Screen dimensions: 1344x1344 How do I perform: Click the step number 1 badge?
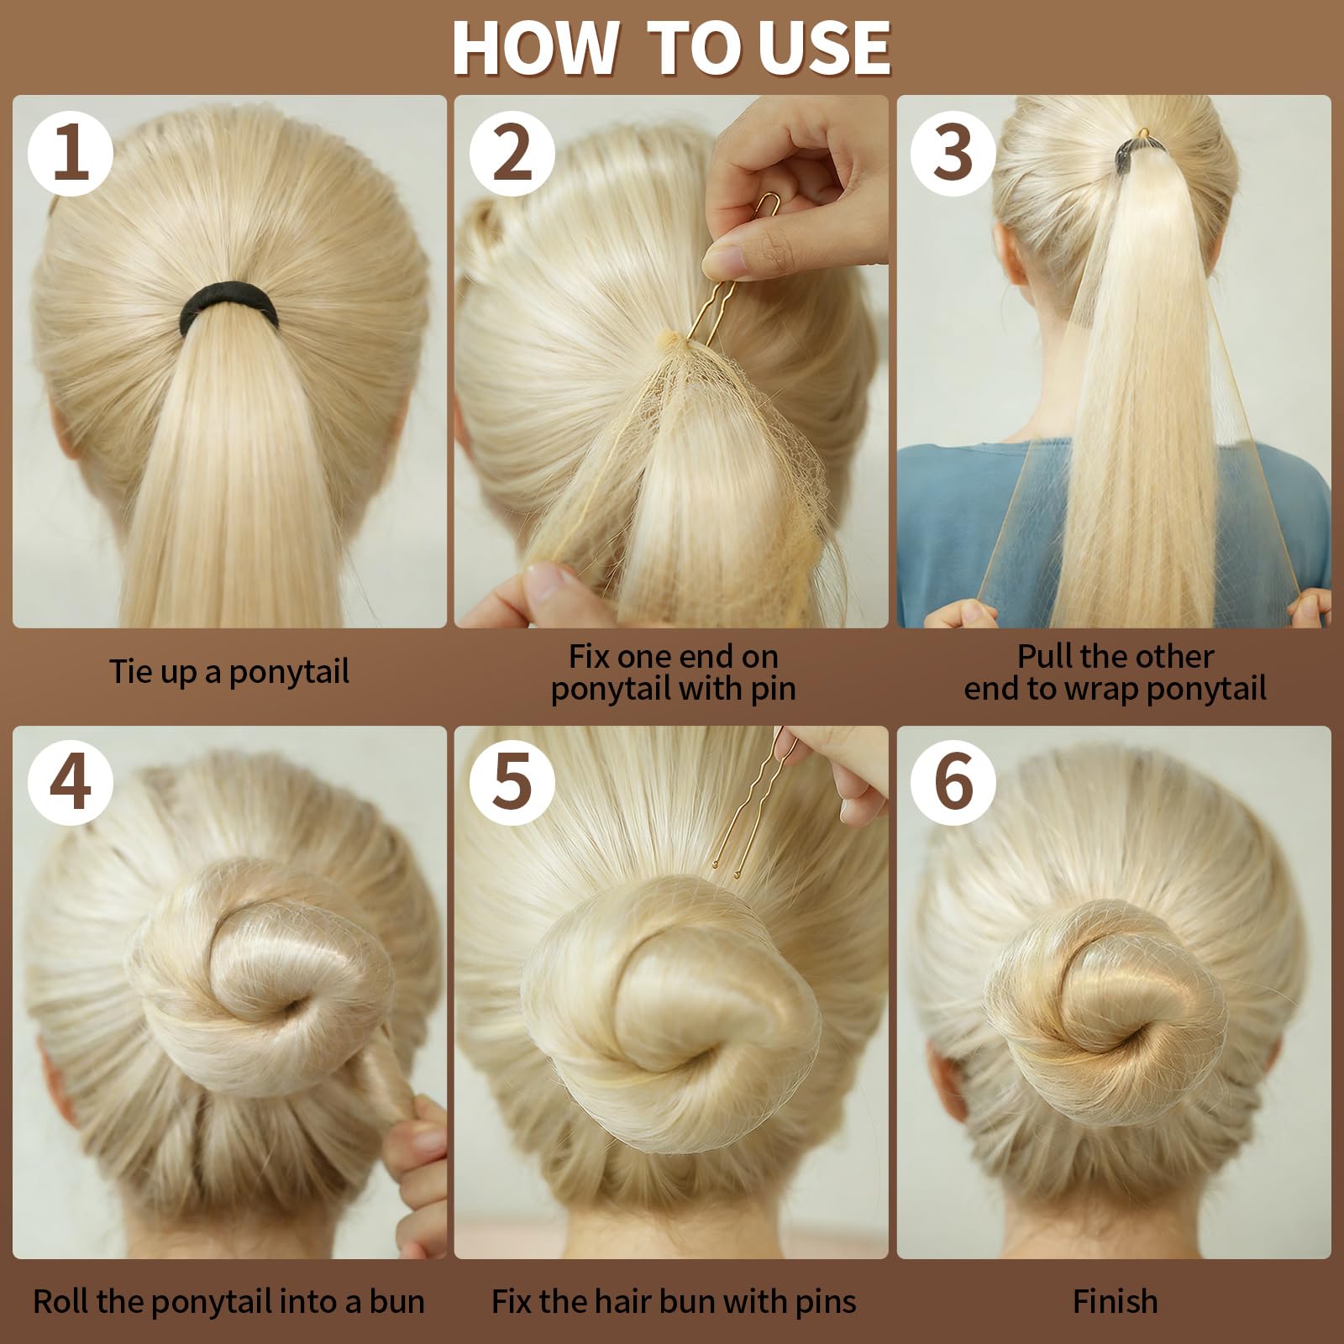(x=71, y=154)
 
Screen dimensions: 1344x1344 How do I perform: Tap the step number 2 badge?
(x=512, y=154)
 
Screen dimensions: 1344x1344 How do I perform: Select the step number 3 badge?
(x=953, y=154)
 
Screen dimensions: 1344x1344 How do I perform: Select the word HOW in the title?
(x=534, y=48)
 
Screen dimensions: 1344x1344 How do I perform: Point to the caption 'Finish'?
(x=1115, y=1301)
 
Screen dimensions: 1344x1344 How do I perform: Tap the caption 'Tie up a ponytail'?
(x=228, y=672)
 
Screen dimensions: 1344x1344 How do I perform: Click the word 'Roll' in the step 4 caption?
(x=60, y=1301)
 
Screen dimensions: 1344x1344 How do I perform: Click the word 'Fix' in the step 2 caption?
(x=590, y=656)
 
